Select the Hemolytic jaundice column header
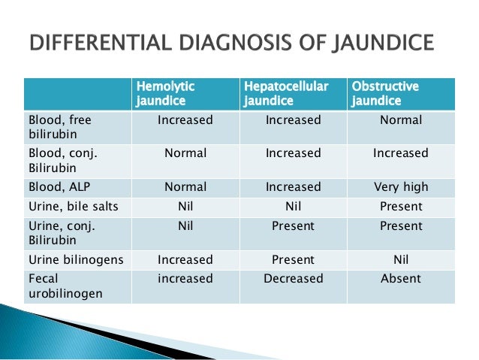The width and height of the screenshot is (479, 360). [162, 94]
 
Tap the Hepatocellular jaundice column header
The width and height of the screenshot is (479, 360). [286, 94]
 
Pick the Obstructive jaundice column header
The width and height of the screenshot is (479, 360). [385, 94]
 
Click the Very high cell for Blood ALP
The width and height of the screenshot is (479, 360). [401, 187]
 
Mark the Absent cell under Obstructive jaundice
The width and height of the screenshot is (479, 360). [401, 279]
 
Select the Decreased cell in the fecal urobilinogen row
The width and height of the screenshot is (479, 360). [293, 279]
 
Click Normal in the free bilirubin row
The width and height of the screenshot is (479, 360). [401, 120]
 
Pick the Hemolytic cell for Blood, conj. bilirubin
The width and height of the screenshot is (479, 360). [185, 153]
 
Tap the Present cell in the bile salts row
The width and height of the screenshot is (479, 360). [401, 207]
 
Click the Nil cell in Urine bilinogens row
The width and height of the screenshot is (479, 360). [401, 259]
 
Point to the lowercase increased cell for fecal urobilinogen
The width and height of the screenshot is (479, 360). [185, 279]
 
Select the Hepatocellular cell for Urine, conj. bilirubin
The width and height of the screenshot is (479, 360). [293, 226]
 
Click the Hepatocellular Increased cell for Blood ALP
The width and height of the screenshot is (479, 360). [293, 187]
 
